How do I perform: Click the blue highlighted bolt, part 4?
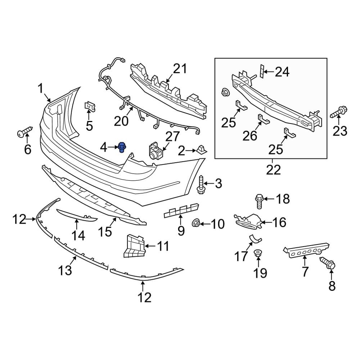[x=122, y=148]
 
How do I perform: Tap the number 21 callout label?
[x=181, y=68]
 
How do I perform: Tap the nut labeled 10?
[x=197, y=223]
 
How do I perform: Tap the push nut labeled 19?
[x=258, y=253]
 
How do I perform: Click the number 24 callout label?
[x=282, y=72]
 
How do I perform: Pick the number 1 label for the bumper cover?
[x=41, y=88]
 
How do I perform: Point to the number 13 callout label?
[x=66, y=270]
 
